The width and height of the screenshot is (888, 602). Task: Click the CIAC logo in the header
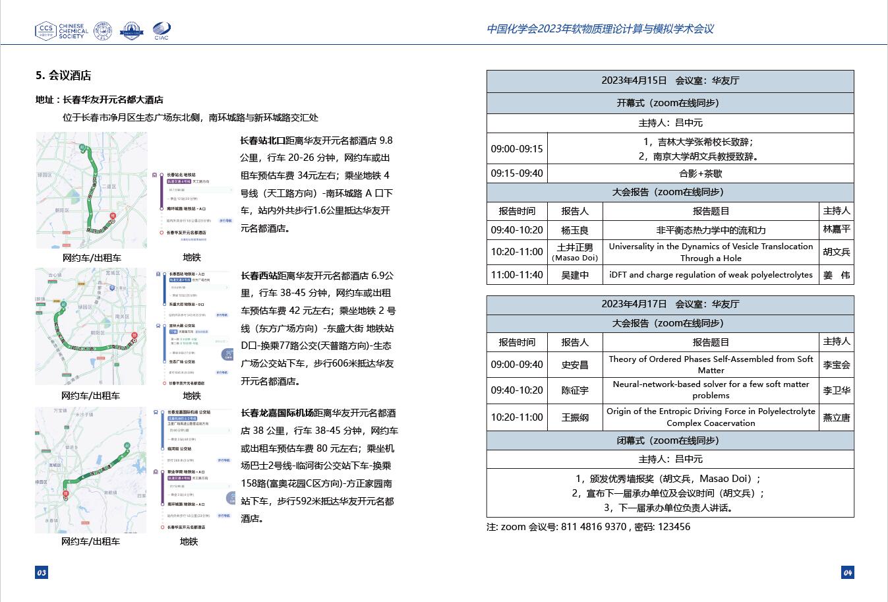(162, 30)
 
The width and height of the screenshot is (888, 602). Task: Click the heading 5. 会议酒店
(63, 75)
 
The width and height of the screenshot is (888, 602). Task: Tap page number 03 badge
(42, 572)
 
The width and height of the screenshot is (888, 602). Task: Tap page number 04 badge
(847, 572)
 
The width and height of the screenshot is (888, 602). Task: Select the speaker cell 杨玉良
(575, 230)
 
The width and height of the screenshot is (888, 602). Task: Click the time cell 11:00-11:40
(517, 275)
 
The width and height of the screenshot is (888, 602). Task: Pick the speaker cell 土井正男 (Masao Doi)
(575, 252)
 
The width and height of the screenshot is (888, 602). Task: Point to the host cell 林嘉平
(836, 229)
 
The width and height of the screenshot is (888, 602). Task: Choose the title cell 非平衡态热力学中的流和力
(711, 230)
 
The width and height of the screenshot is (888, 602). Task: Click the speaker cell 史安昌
(575, 365)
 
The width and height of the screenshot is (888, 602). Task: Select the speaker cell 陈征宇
(575, 390)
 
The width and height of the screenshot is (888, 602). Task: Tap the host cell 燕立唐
(836, 417)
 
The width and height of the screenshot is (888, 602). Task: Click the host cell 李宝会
(836, 365)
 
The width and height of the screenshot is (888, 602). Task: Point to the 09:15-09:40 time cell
(517, 173)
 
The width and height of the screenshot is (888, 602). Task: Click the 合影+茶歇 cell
(700, 173)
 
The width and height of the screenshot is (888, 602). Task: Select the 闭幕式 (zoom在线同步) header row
(670, 440)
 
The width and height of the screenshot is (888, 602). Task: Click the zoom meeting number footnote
(588, 527)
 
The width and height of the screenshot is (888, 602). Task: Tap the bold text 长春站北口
(262, 140)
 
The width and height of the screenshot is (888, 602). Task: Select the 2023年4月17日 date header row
(670, 304)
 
